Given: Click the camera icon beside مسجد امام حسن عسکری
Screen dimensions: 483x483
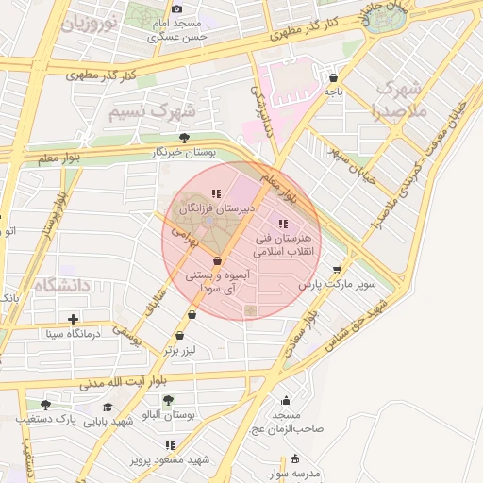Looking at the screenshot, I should (176, 8).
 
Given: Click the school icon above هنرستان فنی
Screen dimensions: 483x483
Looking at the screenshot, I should (283, 224).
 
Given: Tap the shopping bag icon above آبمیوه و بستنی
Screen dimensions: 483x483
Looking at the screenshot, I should (218, 260).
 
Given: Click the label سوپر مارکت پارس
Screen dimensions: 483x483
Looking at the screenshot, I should (337, 283).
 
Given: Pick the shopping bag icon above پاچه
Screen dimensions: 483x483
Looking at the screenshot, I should (332, 76).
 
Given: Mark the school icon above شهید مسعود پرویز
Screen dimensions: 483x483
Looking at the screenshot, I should (170, 444).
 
